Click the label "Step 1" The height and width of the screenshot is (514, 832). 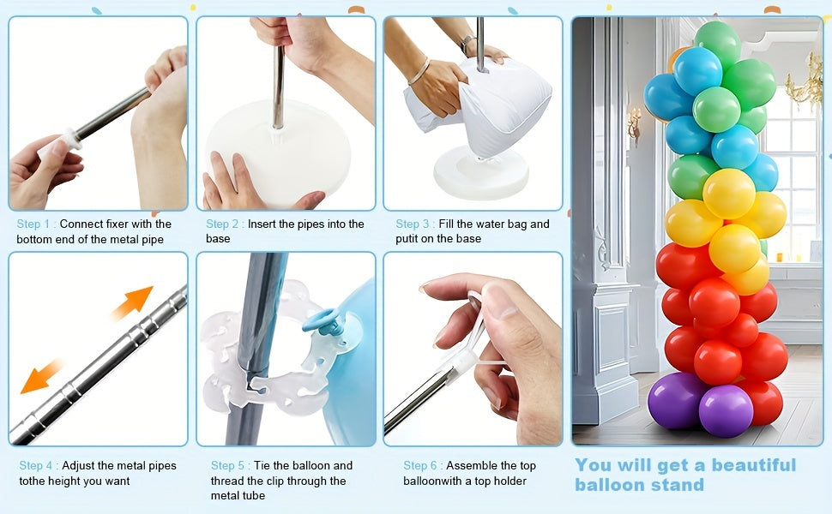point(33,224)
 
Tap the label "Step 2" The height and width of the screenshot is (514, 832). point(223,224)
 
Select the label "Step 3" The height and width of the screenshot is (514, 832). point(413,224)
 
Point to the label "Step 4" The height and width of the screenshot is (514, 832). point(36,465)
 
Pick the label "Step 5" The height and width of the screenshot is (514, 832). point(227,465)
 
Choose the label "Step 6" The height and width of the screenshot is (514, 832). point(420,465)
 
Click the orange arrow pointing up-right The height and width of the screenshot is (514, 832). point(133,302)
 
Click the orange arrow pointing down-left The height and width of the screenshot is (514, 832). point(41,376)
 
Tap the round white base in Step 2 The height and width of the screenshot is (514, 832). point(278,152)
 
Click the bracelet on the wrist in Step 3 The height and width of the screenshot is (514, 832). point(419,72)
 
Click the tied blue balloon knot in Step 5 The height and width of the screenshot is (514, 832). point(323,321)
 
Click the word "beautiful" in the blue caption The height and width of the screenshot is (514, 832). point(753,464)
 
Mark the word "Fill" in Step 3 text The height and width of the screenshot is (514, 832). point(446,224)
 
